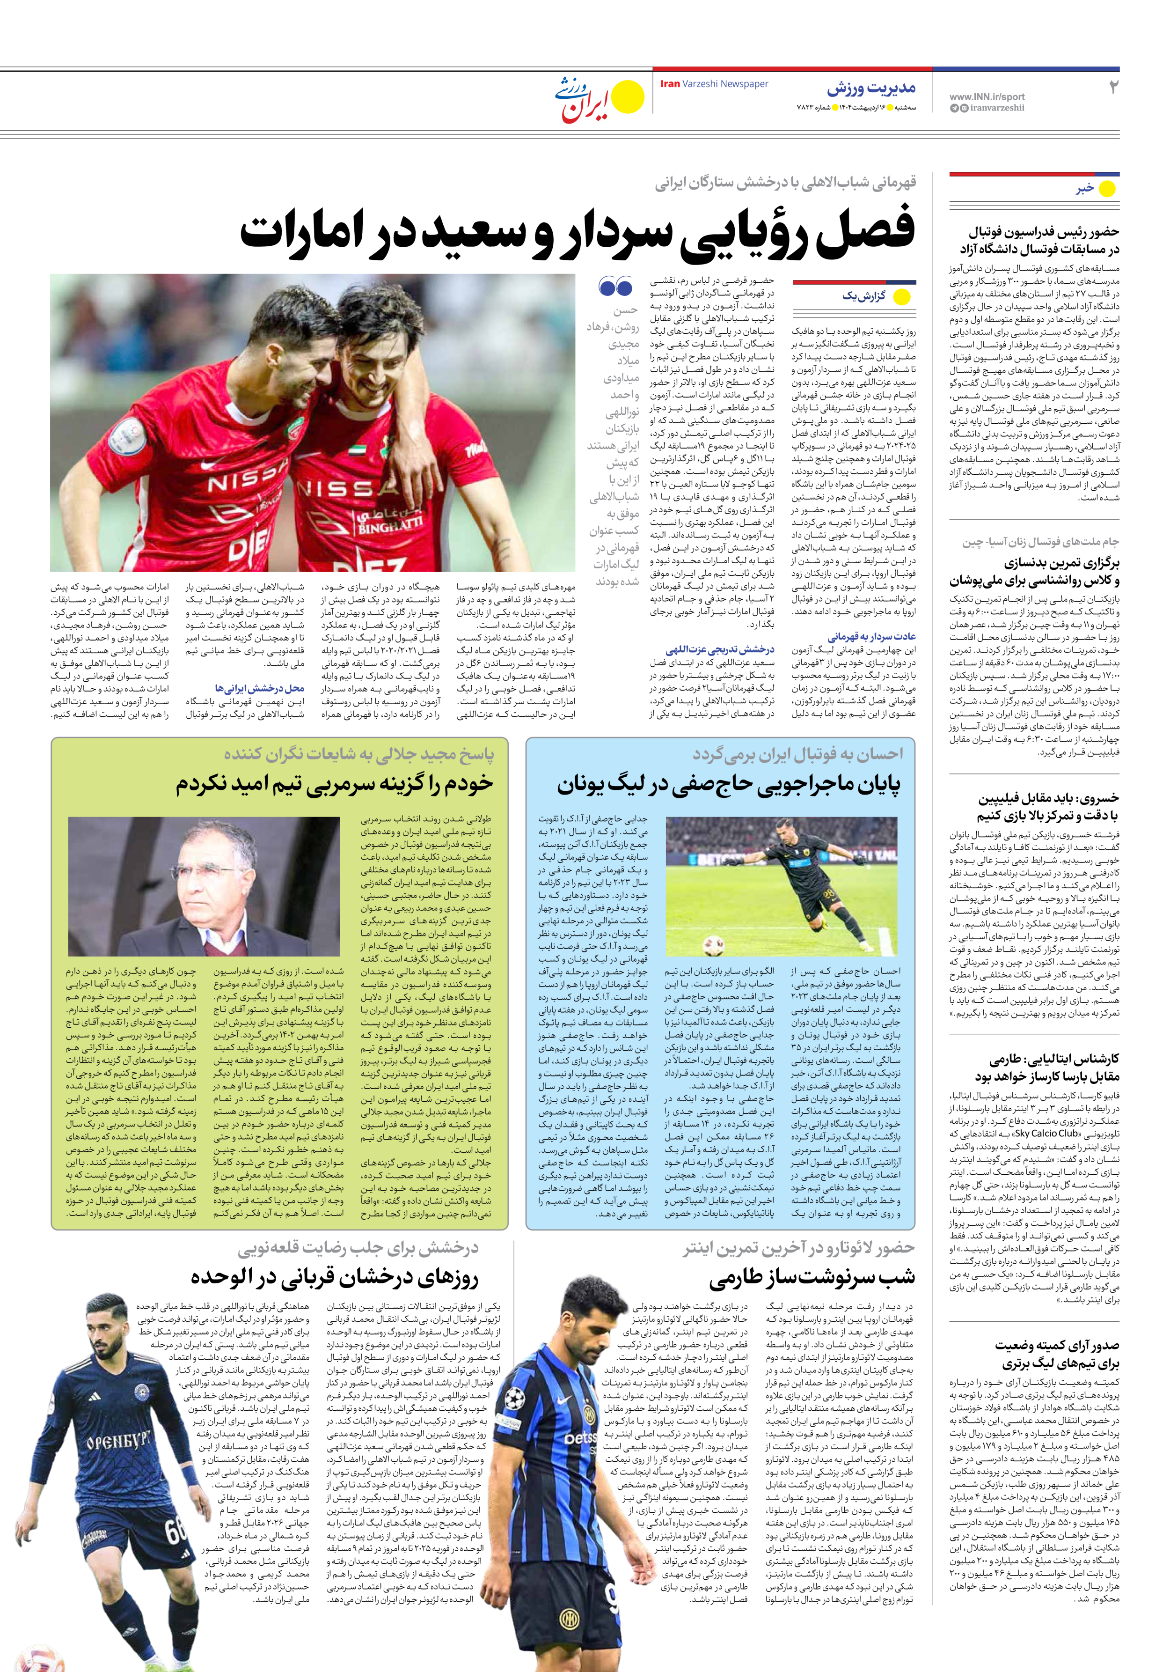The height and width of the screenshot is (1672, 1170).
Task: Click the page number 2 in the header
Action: point(1112,88)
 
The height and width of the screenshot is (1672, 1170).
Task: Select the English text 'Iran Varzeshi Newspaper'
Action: point(714,84)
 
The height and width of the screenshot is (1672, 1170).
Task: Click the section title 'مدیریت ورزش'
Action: point(871,89)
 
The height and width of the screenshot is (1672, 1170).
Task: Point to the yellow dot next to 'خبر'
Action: point(1106,189)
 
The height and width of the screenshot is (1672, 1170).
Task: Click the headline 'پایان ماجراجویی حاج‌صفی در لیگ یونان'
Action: point(728,784)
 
